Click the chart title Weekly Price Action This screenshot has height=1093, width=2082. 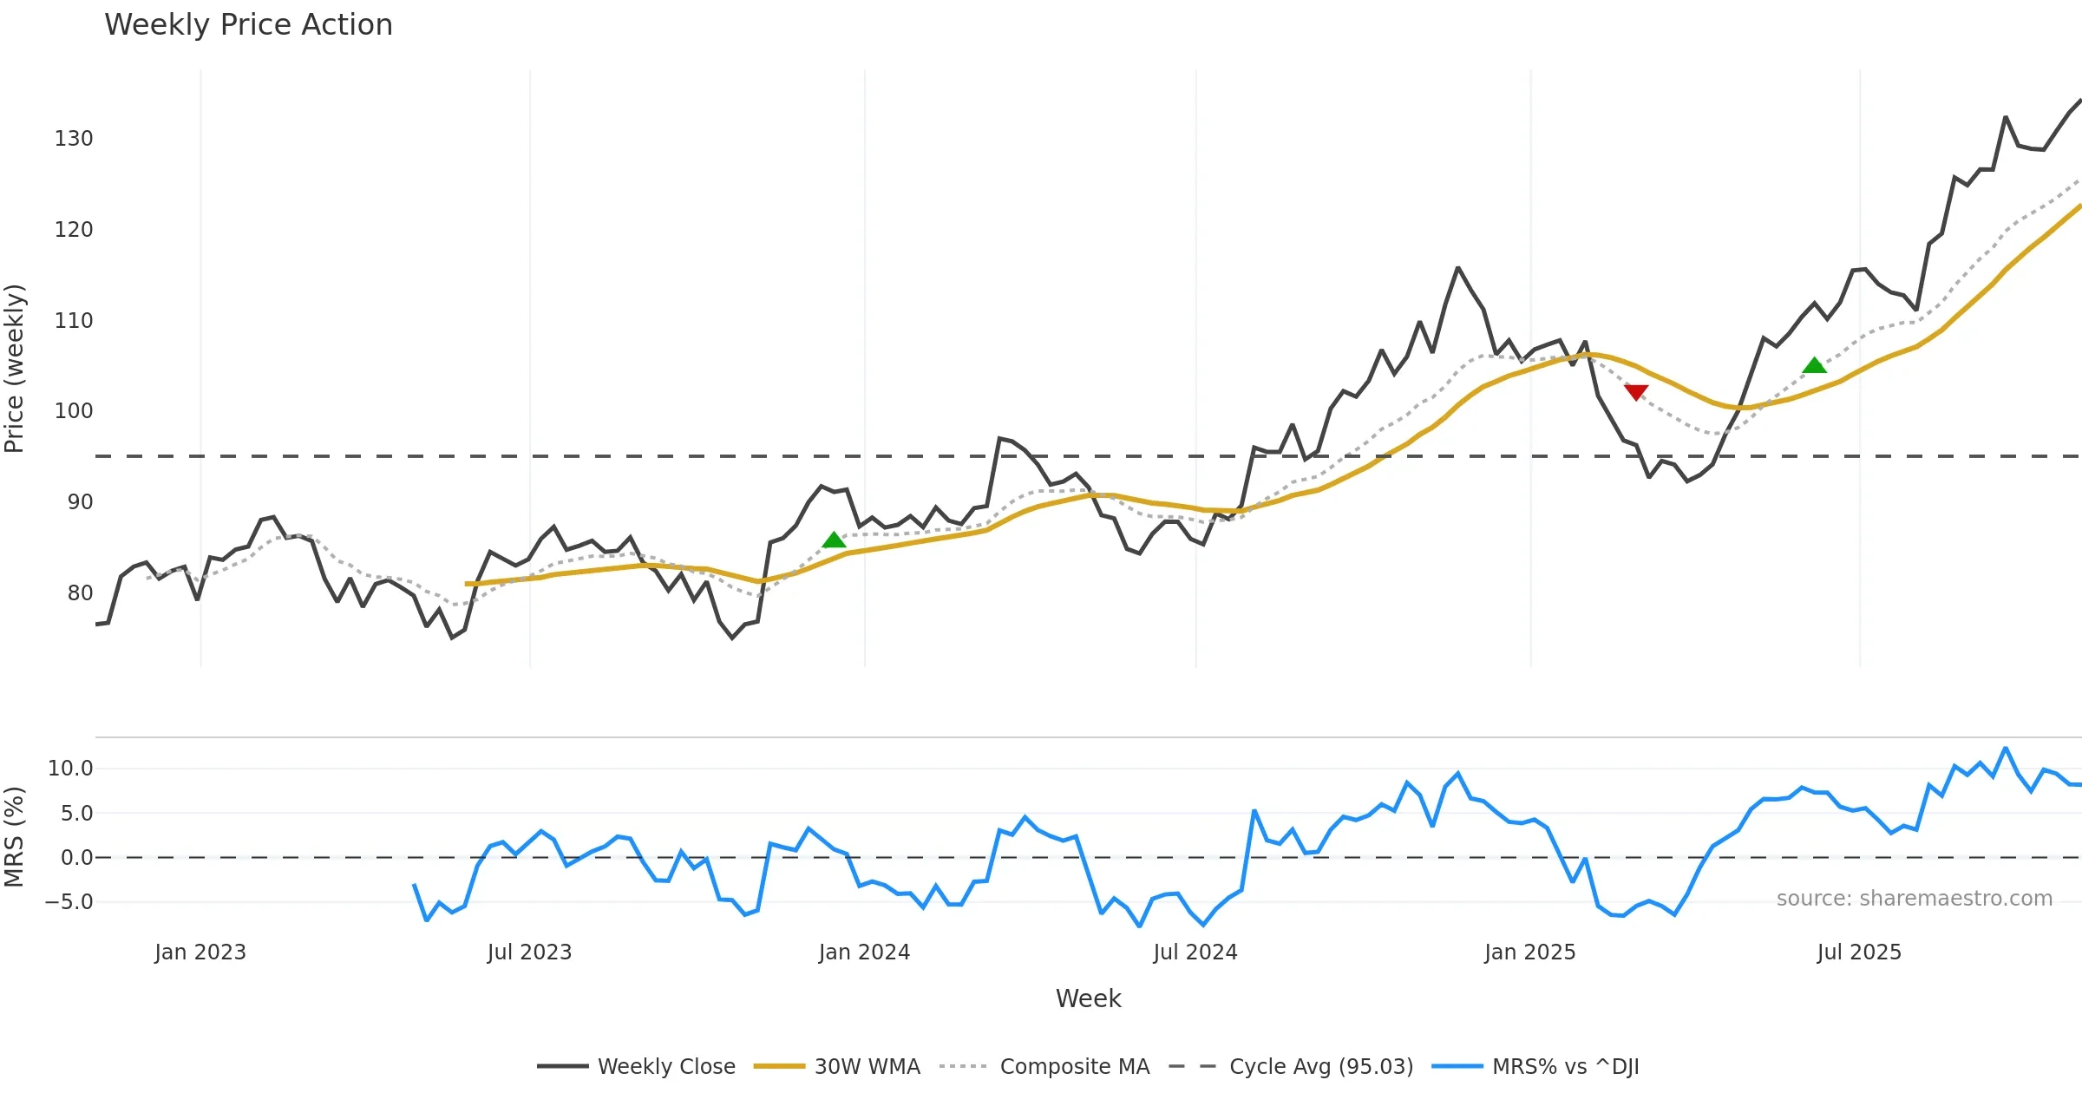click(248, 25)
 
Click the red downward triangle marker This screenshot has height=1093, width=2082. click(1636, 392)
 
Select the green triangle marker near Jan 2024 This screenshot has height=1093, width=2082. click(834, 540)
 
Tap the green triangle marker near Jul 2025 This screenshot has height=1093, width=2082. click(1814, 365)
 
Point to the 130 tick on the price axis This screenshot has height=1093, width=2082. click(74, 139)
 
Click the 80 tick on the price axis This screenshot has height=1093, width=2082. click(80, 593)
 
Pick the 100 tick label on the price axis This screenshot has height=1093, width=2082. click(74, 411)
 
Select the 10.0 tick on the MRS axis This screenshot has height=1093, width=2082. click(70, 769)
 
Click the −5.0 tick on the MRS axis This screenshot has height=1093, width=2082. click(69, 902)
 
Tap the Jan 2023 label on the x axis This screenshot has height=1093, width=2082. click(200, 952)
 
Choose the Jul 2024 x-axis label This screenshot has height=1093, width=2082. click(1195, 952)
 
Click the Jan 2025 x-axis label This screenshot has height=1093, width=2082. click(1529, 952)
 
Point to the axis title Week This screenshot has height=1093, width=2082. click(1088, 999)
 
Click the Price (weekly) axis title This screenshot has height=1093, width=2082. click(15, 369)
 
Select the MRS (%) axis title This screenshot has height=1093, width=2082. click(15, 837)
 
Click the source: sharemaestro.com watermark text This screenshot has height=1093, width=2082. click(1914, 899)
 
